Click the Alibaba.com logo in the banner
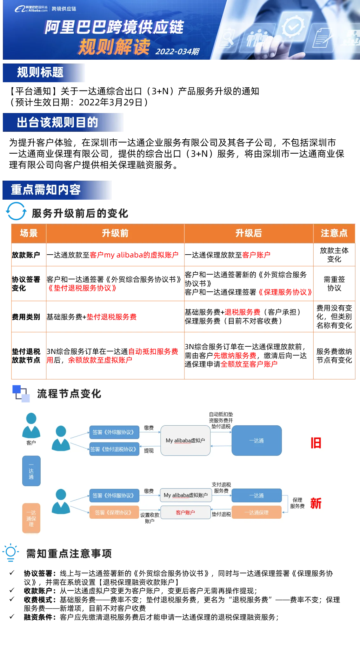point(31,9)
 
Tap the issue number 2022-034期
point(177,51)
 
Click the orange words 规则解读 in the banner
point(114,47)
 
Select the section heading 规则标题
point(40,73)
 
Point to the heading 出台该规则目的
point(57,122)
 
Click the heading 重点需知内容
point(46,190)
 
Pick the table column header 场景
point(29,233)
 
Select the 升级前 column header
point(115,233)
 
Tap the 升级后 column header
point(249,233)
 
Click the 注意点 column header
point(334,233)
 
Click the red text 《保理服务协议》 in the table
point(285,292)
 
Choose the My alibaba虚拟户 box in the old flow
point(185,441)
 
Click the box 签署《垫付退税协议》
point(114,449)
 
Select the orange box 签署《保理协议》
point(114,512)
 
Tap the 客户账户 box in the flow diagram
point(185,512)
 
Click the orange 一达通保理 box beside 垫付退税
point(257,512)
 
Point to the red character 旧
point(316,443)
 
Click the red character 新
point(316,503)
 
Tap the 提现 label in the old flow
point(149,451)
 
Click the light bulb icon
point(11,552)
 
